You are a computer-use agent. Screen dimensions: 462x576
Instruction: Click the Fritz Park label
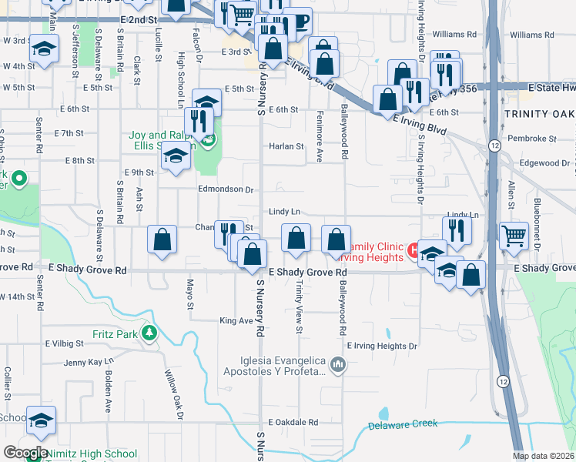click(x=114, y=334)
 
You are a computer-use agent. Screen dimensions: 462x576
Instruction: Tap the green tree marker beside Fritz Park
click(x=149, y=334)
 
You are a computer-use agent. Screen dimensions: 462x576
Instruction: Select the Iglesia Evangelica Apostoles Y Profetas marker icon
click(x=337, y=364)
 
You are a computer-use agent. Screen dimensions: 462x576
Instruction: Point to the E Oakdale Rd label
click(x=293, y=422)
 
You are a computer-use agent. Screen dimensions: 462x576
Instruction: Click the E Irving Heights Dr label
click(x=382, y=346)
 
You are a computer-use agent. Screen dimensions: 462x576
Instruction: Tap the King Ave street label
click(x=236, y=320)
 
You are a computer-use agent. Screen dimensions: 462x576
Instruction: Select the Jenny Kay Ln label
click(x=89, y=362)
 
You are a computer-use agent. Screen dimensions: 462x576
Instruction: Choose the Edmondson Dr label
click(x=226, y=189)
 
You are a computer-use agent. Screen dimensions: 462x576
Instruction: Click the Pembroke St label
click(x=537, y=139)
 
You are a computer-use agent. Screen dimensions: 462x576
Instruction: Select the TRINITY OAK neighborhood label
click(x=539, y=114)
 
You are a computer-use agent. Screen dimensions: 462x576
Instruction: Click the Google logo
click(x=25, y=453)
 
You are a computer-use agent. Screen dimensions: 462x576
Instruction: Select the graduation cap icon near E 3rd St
click(x=44, y=48)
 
